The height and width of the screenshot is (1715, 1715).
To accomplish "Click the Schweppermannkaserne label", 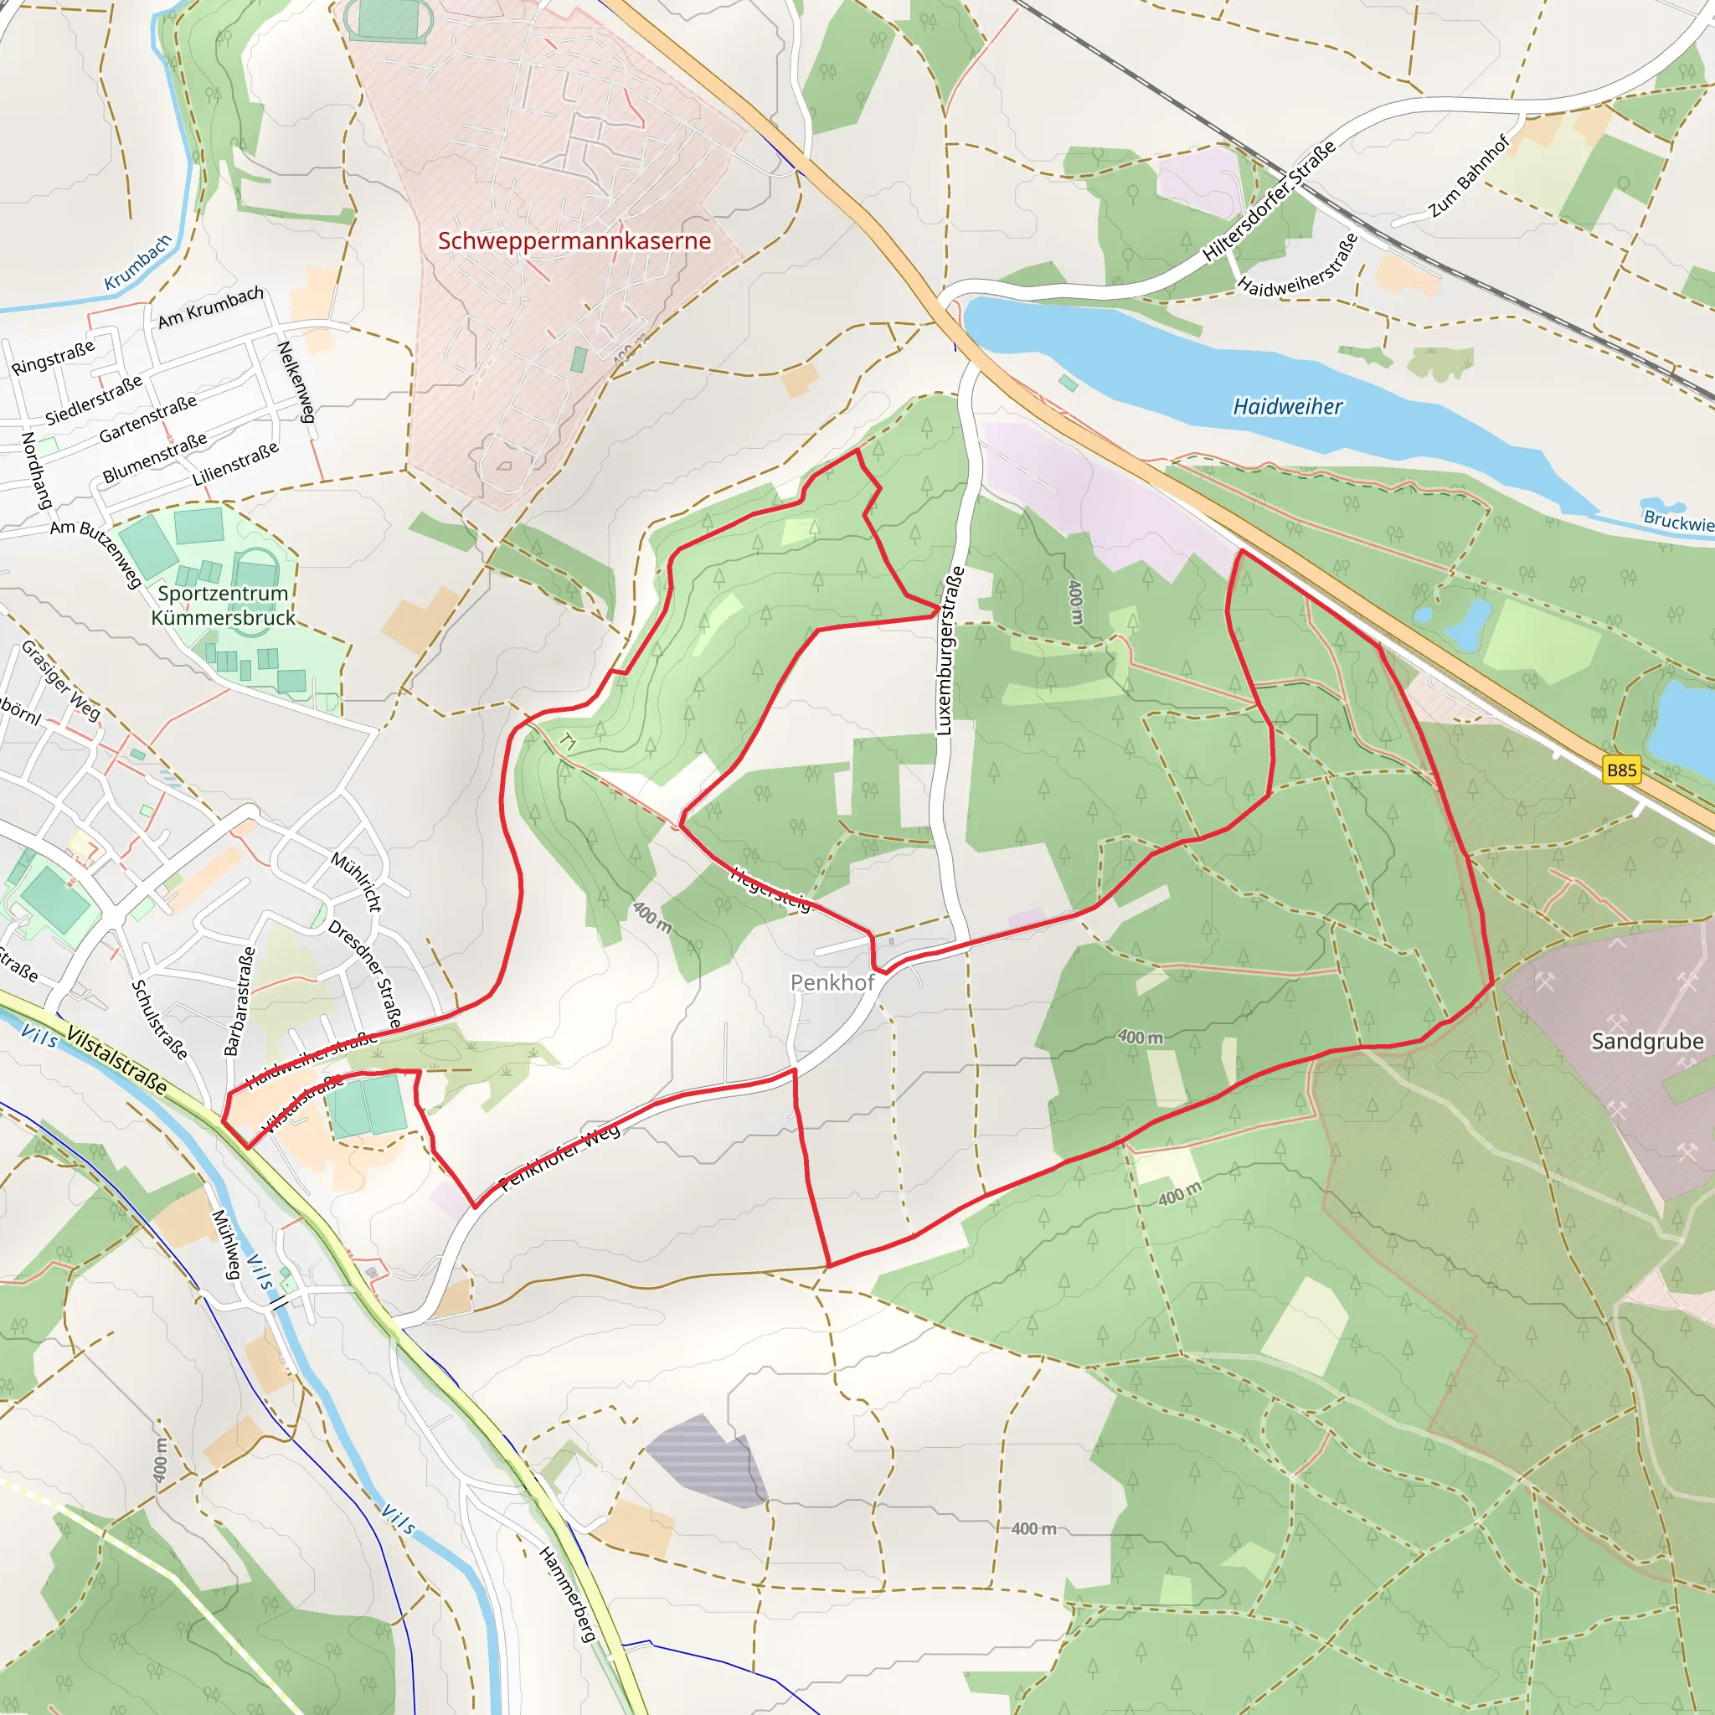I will pos(574,240).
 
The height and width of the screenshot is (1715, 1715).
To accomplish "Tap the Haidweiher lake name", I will pos(1287,406).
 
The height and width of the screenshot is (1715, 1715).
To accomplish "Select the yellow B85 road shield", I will pos(1622,770).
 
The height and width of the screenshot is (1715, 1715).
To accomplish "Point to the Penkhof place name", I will pos(832,982).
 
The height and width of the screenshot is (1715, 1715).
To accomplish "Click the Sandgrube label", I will pos(1646,1041).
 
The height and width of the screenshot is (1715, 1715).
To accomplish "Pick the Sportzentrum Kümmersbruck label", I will pos(223,605).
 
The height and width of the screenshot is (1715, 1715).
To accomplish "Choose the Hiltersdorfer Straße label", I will pos(1269,203).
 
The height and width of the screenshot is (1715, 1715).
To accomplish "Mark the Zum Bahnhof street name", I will pos(1468,177).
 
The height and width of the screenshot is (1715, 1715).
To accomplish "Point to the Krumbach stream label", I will pos(137,263).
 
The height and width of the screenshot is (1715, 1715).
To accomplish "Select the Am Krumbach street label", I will pos(210,306).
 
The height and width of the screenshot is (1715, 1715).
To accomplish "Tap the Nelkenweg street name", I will pos(296,382).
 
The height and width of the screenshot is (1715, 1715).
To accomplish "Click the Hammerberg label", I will pos(566,1594).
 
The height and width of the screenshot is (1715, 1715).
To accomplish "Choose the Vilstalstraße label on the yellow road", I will pos(116,1060).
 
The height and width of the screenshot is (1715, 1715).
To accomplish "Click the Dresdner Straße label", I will pos(365,974).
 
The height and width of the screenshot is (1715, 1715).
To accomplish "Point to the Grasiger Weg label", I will pos(60,680).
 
